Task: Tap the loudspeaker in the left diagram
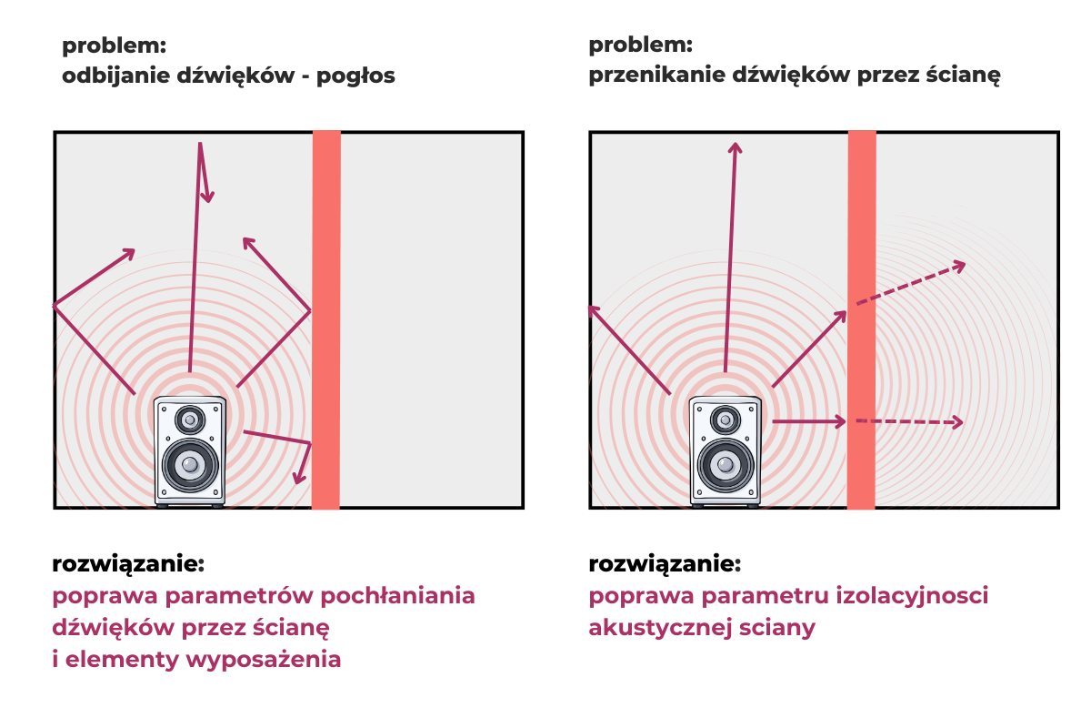click(189, 451)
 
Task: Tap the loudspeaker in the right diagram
click(725, 451)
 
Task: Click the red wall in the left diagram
click(325, 318)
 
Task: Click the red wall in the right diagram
click(861, 318)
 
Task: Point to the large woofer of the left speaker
click(189, 466)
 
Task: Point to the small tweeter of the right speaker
click(725, 420)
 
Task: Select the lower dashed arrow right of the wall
click(909, 422)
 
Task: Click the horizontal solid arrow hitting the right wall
click(809, 421)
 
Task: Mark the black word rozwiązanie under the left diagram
click(128, 564)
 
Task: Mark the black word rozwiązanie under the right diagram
click(665, 564)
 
